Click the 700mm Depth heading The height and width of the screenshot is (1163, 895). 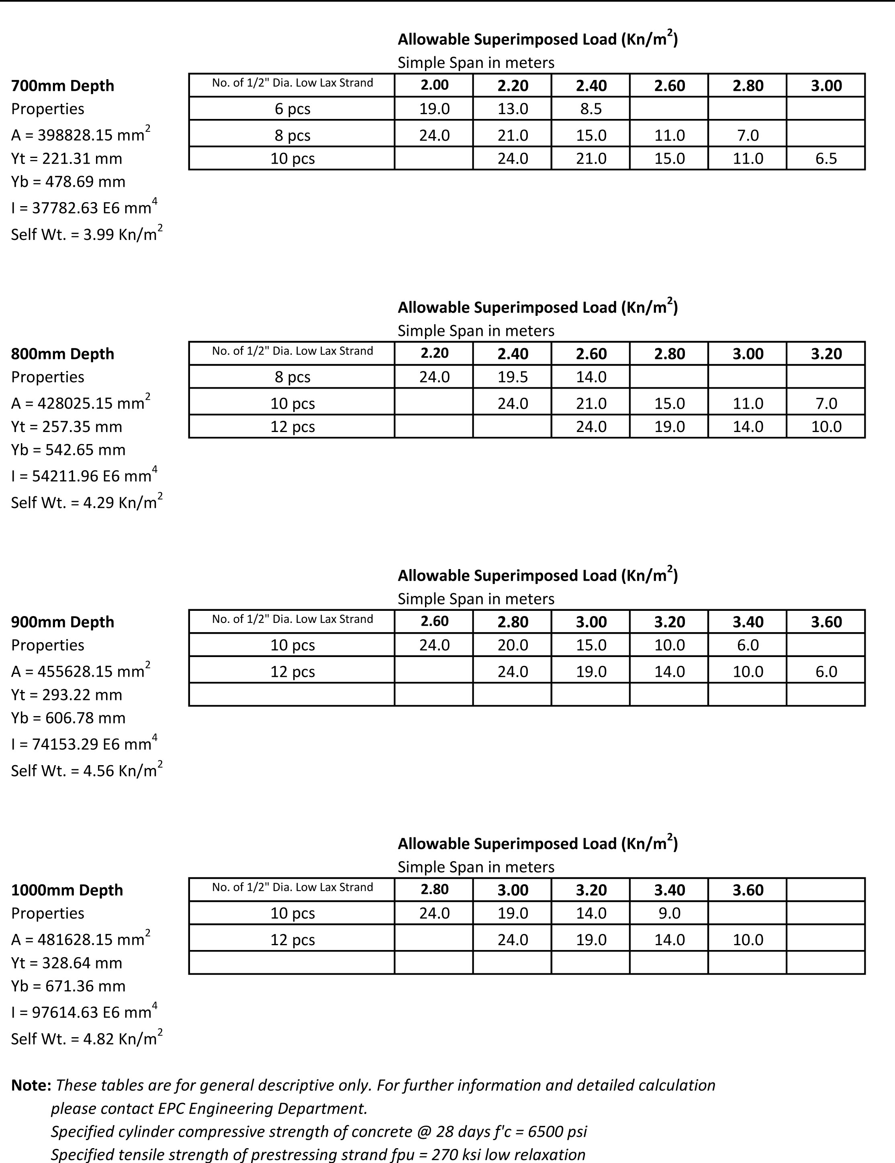pos(63,86)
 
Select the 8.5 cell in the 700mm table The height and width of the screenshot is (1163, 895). pos(591,109)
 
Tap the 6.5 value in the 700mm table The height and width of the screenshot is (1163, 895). pos(826,159)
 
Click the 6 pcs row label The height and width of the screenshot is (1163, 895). pos(292,109)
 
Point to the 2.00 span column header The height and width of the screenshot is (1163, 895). pos(435,85)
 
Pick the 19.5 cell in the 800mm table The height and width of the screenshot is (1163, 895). pos(513,377)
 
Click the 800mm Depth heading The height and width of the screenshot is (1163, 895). pos(63,354)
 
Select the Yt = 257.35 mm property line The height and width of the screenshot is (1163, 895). pos(67,426)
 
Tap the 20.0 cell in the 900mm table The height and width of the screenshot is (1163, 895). pos(513,645)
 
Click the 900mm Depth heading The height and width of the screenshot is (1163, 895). pos(63,622)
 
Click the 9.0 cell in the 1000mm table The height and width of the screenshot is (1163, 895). pos(669,913)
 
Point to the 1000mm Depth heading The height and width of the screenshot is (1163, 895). pos(67,890)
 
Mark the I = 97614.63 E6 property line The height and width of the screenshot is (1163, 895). pos(84,1012)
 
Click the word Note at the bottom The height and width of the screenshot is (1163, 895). pos(31,1085)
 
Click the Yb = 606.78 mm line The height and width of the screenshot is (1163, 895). pos(69,718)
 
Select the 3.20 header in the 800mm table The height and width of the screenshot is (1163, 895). pos(826,354)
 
